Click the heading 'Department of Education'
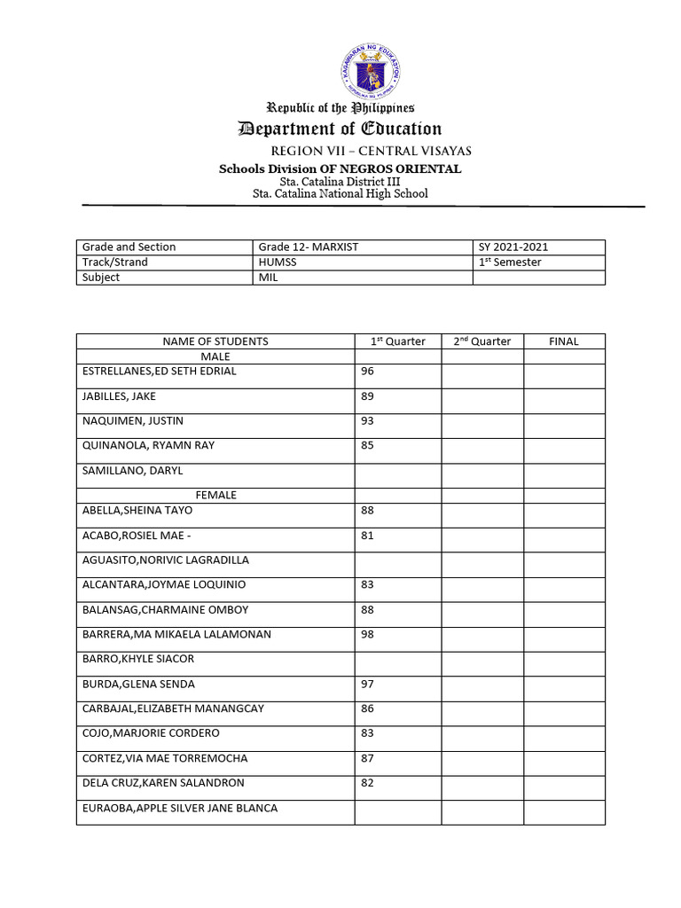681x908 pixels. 340,129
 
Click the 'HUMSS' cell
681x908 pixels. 277,262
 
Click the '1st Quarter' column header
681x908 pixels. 397,341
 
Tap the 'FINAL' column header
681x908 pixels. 563,341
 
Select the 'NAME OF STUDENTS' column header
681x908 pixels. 215,341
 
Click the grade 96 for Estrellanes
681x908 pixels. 368,372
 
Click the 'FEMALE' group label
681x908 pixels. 216,496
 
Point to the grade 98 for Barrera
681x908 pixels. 368,635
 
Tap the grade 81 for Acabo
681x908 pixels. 368,536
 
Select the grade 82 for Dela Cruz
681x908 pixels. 368,784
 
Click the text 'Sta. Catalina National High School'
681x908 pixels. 340,193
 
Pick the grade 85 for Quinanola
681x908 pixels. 368,446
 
